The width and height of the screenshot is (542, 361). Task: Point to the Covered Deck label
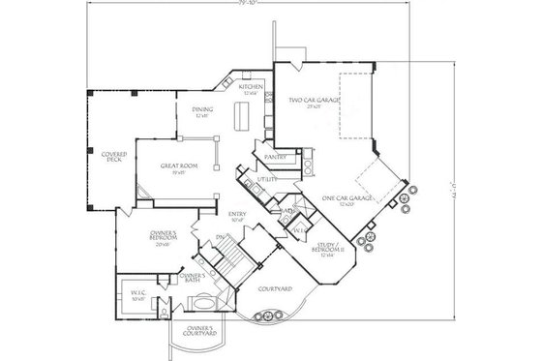112,158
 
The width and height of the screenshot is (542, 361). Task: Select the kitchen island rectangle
242,115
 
